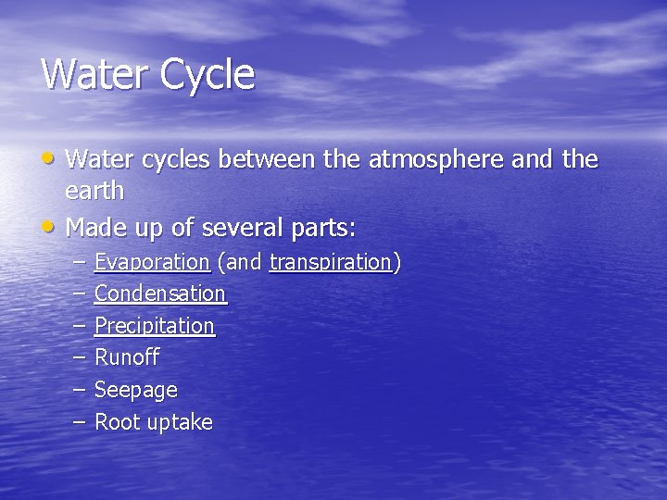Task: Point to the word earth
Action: coord(94,192)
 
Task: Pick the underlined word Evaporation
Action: coord(152,263)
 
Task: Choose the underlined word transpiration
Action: coord(330,263)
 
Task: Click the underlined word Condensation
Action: coord(159,294)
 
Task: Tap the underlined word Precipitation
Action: coord(154,326)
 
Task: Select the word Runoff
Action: coord(127,357)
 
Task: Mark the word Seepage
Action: coord(135,391)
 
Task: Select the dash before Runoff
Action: coord(80,356)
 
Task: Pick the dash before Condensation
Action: coord(80,294)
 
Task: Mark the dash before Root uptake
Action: coord(80,421)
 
